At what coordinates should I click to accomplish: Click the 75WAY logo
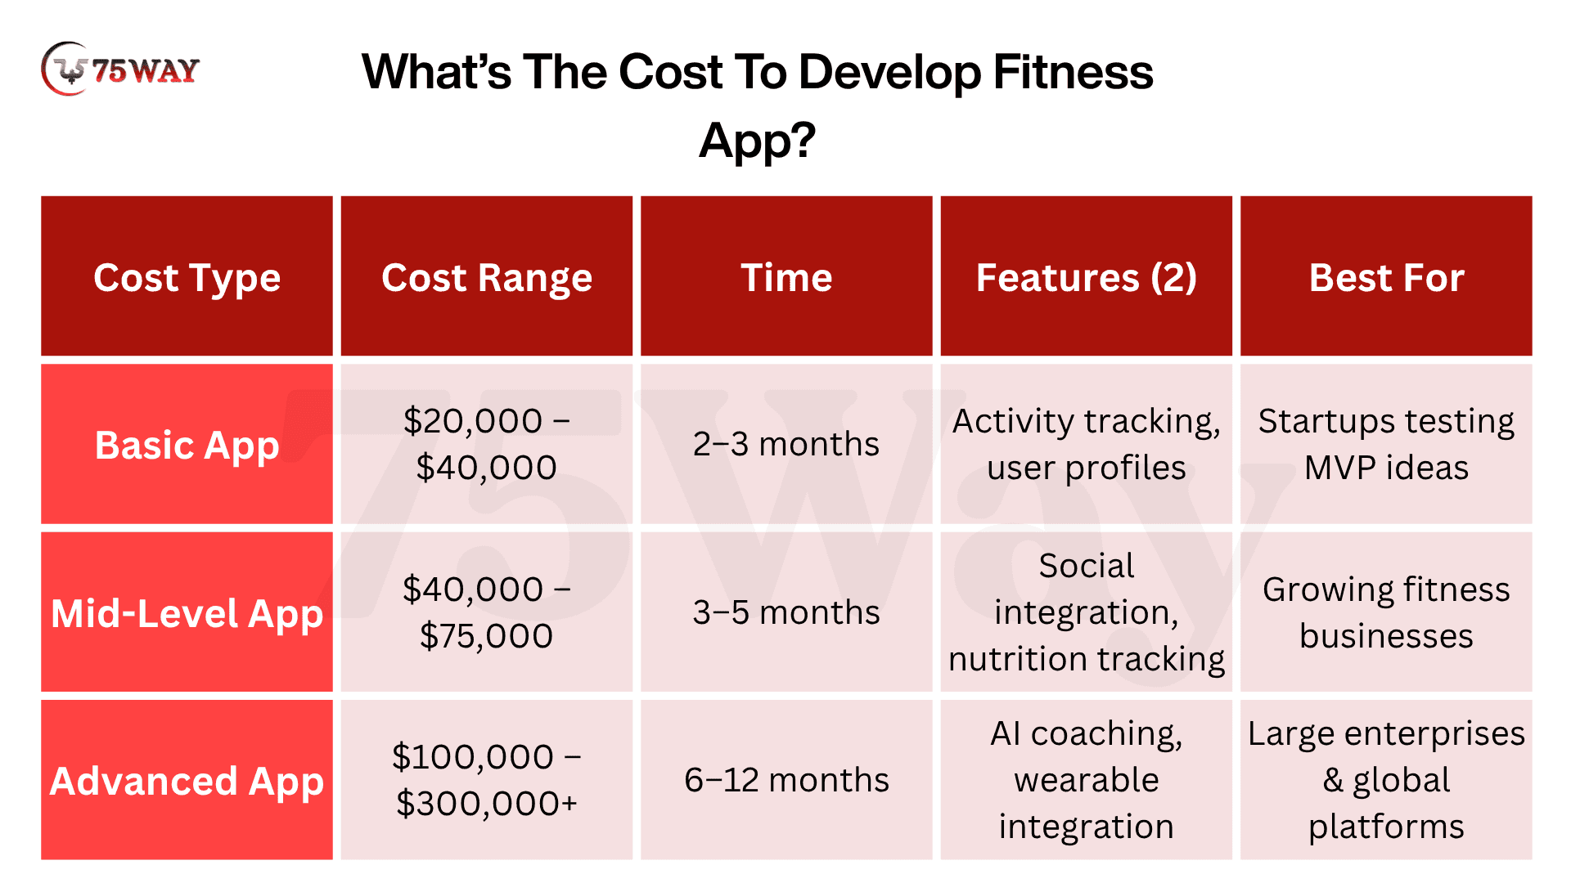(120, 69)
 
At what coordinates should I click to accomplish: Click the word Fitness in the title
(1073, 72)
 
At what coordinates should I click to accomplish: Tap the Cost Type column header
(187, 276)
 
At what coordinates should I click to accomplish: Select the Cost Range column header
(487, 276)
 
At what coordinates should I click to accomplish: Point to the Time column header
(786, 276)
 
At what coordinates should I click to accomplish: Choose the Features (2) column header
(1087, 276)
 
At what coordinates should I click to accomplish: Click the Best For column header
(1386, 276)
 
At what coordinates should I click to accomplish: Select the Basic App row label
(187, 444)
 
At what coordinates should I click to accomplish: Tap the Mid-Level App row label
(187, 612)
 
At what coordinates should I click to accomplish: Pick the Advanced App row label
(187, 780)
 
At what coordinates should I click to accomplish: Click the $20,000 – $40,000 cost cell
(487, 444)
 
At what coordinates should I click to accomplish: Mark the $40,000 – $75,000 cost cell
(487, 612)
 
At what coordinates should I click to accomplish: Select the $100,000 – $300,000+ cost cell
(487, 780)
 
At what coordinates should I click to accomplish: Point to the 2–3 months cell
(786, 444)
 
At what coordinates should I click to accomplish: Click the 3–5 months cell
(786, 612)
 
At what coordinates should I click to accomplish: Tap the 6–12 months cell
(786, 780)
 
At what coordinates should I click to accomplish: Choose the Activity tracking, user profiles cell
(1087, 444)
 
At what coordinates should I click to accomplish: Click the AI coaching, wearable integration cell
(1087, 780)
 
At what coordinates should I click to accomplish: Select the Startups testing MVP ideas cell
(1386, 444)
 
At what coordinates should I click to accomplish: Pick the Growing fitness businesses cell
(1386, 612)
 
